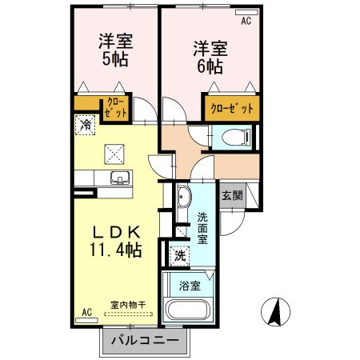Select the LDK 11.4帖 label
pos(117,241)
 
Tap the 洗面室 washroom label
pos(202,227)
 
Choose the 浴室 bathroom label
pos(190,285)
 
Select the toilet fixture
pos(240,138)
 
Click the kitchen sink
pos(119,178)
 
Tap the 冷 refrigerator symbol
pos(86,125)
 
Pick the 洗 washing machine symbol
pos(181,256)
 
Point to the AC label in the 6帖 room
pos(246,21)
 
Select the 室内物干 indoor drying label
pos(128,305)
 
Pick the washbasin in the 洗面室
pos(182,198)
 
